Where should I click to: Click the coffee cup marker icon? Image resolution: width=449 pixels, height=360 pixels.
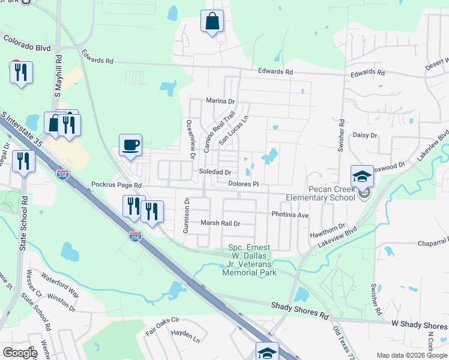(x=130, y=145)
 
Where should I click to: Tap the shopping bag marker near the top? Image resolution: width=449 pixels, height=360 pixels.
(x=212, y=22)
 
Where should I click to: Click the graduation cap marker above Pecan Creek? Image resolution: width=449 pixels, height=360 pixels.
(x=363, y=176)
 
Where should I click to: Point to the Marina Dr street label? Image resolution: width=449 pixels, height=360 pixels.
(x=220, y=101)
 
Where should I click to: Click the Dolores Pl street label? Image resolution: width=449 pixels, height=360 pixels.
(x=243, y=184)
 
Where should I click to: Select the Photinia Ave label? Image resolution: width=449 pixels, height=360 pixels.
(x=290, y=214)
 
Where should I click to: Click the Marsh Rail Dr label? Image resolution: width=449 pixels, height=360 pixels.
(x=220, y=223)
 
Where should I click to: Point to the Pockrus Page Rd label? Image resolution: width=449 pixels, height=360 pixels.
(x=116, y=185)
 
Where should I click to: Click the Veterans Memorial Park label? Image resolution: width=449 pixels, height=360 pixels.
(x=249, y=260)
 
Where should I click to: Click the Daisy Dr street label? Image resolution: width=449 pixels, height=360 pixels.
(x=364, y=136)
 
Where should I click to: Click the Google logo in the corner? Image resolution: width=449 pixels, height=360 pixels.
(x=19, y=353)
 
